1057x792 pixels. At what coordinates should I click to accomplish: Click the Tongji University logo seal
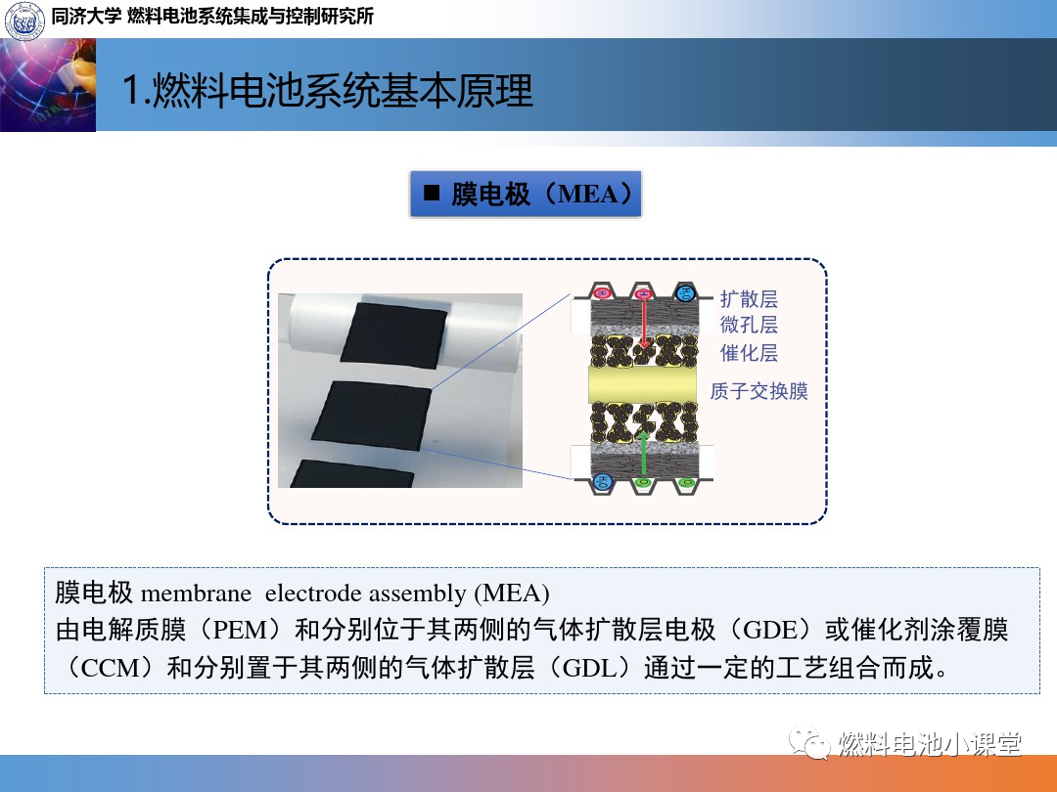[24, 20]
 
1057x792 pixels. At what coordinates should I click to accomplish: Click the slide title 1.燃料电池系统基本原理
[328, 90]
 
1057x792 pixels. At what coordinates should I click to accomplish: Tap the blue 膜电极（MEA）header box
[526, 194]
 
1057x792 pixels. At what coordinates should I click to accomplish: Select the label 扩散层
[749, 298]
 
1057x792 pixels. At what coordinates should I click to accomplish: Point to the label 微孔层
[749, 325]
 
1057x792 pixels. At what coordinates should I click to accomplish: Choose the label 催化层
[749, 352]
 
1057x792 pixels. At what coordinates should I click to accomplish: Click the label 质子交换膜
[758, 390]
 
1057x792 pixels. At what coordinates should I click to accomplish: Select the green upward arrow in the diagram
[644, 455]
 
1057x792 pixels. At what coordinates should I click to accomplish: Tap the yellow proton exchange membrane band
[642, 384]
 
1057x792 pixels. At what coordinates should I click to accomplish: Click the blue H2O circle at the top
[685, 293]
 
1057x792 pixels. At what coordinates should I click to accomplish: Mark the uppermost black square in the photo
[394, 335]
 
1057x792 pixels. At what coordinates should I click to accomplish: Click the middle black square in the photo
[372, 415]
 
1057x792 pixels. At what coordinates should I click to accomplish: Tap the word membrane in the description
[196, 594]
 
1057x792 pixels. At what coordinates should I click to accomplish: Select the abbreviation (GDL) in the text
[588, 668]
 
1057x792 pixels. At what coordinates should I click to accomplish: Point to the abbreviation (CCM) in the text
[112, 668]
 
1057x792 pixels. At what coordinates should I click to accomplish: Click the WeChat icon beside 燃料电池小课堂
[809, 742]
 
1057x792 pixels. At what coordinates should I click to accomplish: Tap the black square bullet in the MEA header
[432, 194]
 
